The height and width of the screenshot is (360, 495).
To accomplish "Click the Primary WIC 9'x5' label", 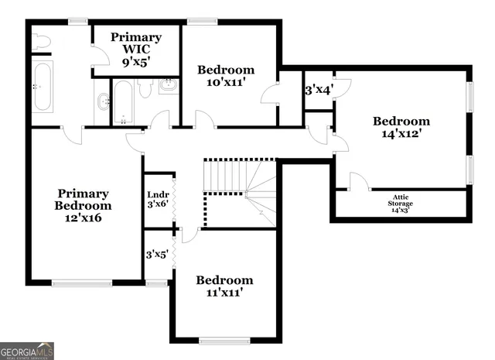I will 136,49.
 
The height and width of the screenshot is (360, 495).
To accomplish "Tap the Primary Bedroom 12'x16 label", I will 83,206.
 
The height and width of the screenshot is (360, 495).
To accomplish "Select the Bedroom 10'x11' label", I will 226,74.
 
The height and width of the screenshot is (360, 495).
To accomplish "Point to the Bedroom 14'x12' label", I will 401,127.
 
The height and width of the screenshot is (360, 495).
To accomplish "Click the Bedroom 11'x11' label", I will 224,286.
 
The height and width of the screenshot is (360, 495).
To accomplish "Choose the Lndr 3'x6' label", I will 158,201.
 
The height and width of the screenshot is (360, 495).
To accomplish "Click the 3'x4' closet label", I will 318,89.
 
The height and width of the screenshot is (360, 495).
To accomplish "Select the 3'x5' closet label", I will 158,254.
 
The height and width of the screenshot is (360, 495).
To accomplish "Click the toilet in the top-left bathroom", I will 42,40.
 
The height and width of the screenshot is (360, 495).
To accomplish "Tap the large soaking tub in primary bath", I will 43,87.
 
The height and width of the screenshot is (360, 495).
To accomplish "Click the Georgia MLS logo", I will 27,351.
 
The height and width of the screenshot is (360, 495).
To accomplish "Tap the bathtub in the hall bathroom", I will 123,102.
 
